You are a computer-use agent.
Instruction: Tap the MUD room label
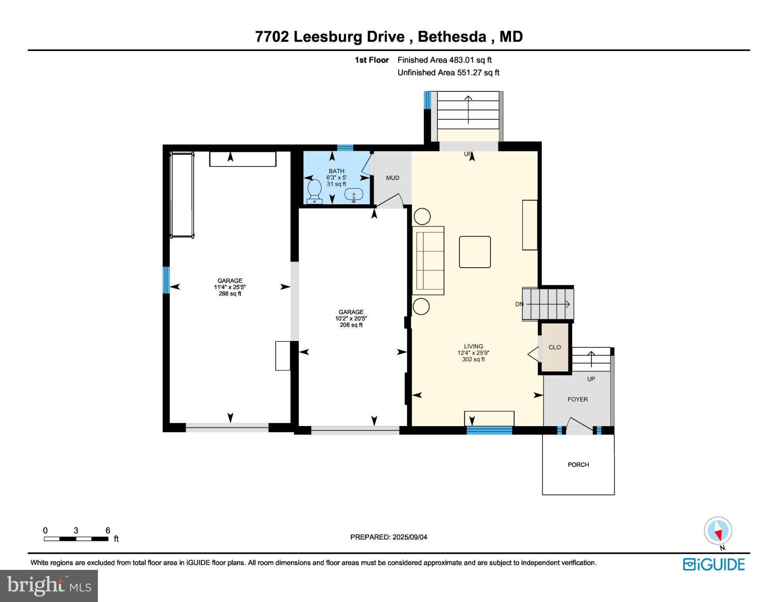(x=392, y=178)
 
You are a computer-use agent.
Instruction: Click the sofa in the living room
(x=428, y=260)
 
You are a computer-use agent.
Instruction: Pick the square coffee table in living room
(x=475, y=252)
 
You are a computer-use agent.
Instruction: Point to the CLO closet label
(x=554, y=347)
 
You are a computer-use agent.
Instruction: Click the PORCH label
(x=578, y=465)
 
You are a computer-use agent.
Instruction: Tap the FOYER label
(x=578, y=399)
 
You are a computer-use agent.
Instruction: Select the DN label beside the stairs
(x=519, y=304)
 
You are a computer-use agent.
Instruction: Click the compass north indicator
(x=718, y=531)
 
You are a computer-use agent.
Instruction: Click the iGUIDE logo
(x=714, y=564)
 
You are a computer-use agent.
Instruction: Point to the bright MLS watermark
(x=49, y=586)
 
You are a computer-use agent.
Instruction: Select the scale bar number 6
(x=108, y=530)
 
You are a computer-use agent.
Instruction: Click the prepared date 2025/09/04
(x=409, y=537)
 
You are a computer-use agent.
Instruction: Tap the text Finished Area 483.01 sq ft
(x=444, y=60)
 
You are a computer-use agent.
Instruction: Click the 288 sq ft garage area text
(x=230, y=294)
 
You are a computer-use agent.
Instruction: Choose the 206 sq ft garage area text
(x=351, y=325)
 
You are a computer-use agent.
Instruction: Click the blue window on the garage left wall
(x=166, y=280)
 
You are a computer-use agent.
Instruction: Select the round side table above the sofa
(x=422, y=216)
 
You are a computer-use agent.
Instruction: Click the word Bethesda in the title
(x=452, y=36)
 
